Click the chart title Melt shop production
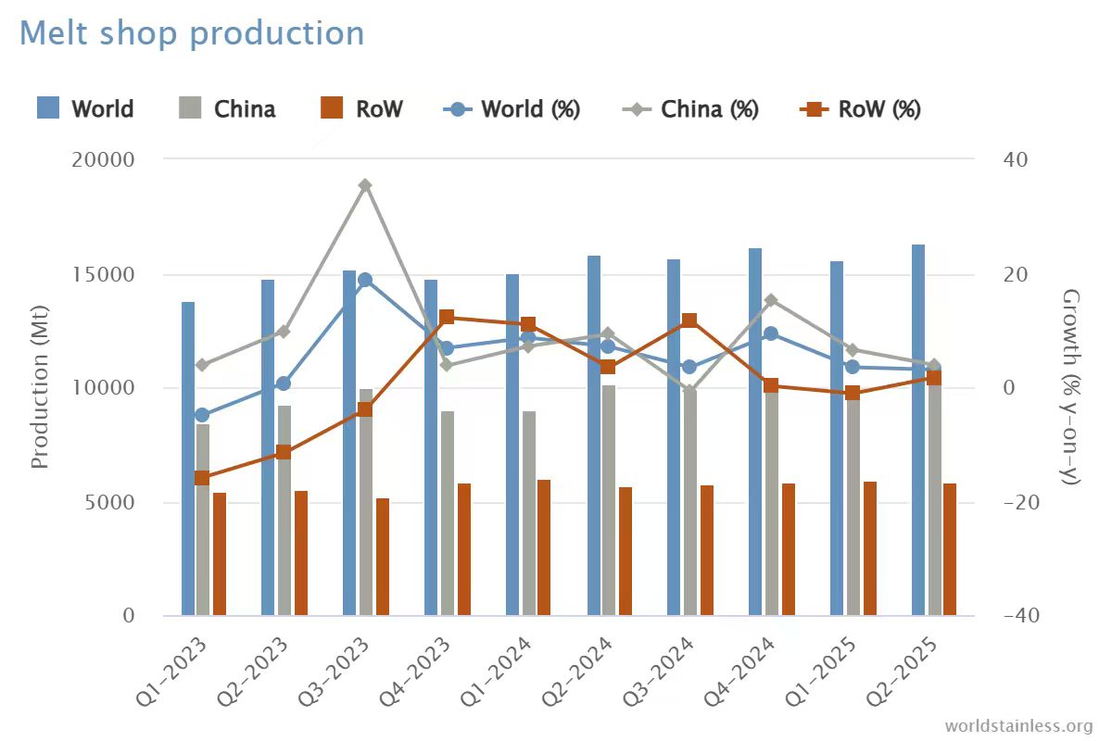(192, 33)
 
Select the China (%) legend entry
(690, 109)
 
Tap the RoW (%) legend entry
(860, 109)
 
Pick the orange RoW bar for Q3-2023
(383, 557)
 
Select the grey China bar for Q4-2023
(448, 513)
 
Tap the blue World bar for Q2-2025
(918, 430)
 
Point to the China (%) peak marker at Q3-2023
(366, 185)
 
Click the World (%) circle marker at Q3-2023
(365, 280)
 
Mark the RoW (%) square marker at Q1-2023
(202, 478)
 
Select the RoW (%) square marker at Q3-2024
(689, 321)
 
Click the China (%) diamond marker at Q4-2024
(771, 300)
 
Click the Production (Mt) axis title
(40, 387)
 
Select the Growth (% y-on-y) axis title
(1072, 387)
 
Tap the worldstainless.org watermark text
(1018, 725)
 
